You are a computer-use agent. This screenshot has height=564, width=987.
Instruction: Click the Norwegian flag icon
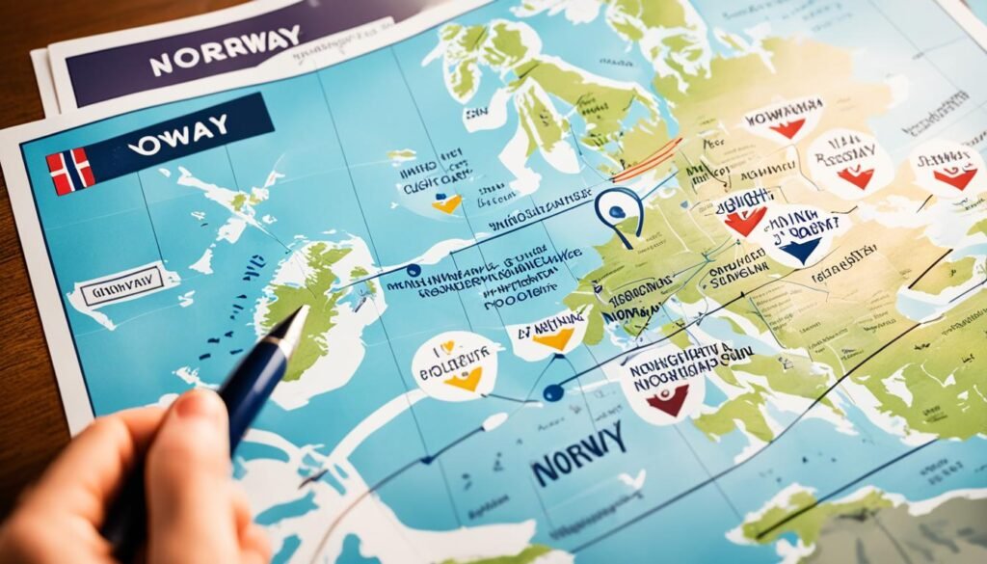(70, 172)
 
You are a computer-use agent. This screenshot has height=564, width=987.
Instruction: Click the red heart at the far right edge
(954, 177)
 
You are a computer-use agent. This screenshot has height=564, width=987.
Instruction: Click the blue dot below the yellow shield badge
(551, 392)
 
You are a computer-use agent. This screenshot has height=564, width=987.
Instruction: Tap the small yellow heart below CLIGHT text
(446, 204)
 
